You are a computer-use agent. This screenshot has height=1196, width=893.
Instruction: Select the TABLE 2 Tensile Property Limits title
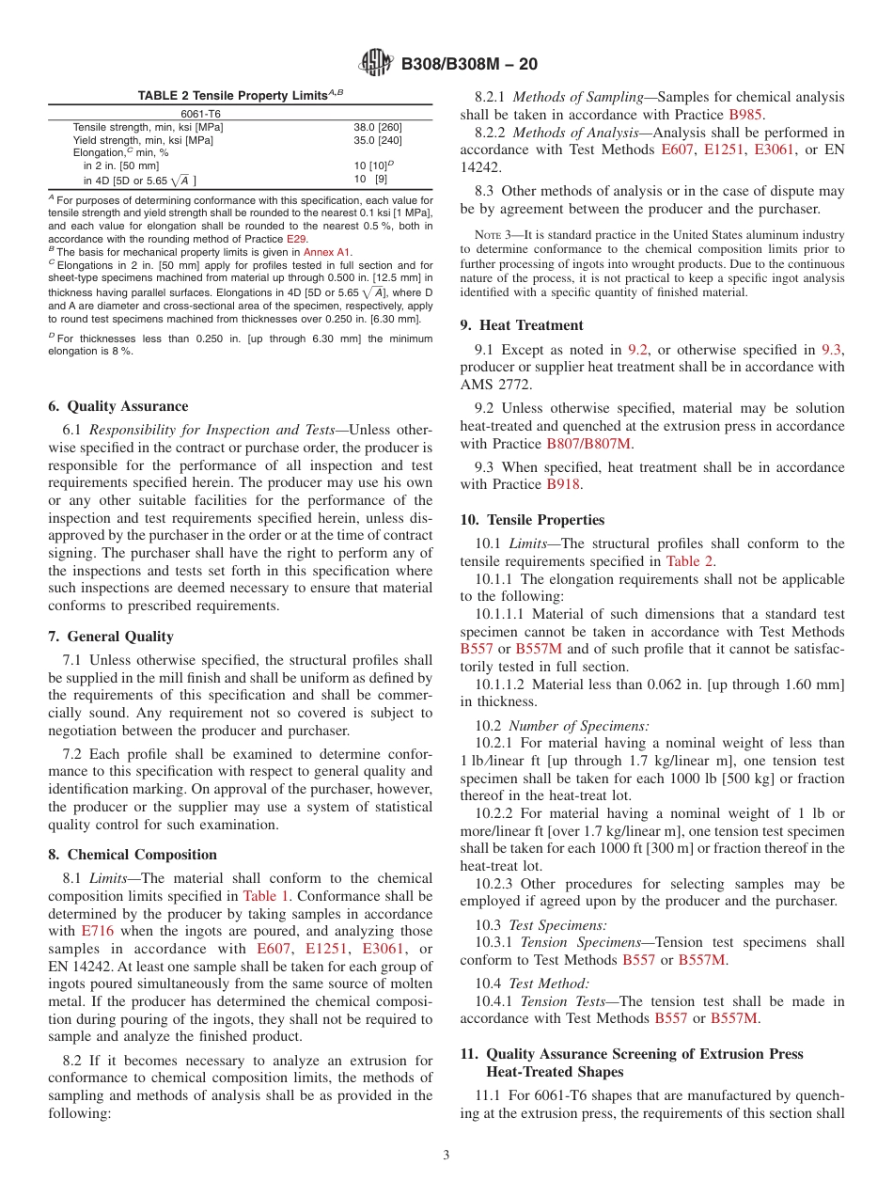tap(240, 95)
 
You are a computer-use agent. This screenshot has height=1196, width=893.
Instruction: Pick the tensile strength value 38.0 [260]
tap(378, 127)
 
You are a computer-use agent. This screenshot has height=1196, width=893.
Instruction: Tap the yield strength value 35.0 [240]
tap(378, 140)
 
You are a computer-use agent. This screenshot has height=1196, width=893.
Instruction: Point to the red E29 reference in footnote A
tap(296, 239)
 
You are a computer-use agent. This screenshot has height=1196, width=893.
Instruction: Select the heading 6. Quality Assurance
tap(117, 406)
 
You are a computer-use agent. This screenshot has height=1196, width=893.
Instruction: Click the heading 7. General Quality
tap(111, 637)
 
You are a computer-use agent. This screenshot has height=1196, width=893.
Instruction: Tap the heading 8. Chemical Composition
tap(133, 855)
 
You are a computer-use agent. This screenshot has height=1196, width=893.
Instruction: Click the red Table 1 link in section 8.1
tap(266, 896)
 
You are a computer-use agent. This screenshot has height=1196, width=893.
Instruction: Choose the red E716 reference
tap(96, 931)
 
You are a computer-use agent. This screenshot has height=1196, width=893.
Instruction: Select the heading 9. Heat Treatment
tap(522, 325)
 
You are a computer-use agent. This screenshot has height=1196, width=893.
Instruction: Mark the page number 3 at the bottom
tap(446, 1155)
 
